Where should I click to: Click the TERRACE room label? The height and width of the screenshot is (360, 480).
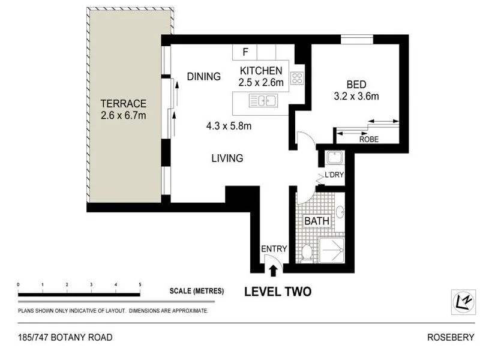(x=124, y=103)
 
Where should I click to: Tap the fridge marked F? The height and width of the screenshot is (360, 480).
(x=245, y=52)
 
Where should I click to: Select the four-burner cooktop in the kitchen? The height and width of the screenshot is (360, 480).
(x=297, y=78)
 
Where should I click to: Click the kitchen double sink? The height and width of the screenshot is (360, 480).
(x=263, y=100)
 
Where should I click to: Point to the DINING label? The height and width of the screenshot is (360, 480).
(x=203, y=76)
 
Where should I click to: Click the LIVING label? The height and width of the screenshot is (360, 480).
(x=227, y=158)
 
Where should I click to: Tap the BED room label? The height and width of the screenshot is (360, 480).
(x=356, y=84)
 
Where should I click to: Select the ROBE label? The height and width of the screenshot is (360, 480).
(x=369, y=139)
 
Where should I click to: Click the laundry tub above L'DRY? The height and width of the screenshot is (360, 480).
(x=335, y=158)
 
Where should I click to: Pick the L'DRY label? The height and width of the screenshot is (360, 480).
(x=334, y=175)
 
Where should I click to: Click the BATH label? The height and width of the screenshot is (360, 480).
(x=317, y=221)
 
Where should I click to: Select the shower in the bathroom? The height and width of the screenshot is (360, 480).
(x=332, y=250)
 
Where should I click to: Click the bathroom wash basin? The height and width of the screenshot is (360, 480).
(x=340, y=212)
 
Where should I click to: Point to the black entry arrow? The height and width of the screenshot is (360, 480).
(x=273, y=271)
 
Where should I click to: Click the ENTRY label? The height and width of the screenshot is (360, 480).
(x=274, y=249)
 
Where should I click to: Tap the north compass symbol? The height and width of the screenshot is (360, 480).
(x=463, y=302)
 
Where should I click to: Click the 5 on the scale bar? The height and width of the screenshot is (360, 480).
(x=140, y=284)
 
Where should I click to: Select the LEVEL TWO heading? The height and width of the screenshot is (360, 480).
(x=278, y=292)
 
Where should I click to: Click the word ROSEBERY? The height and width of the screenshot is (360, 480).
(x=451, y=337)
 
